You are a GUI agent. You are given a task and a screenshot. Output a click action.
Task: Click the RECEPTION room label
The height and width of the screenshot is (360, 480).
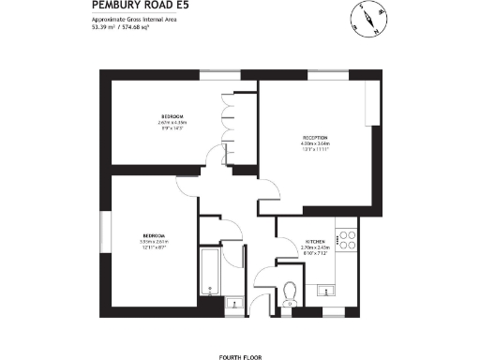pyautogui.click(x=314, y=137)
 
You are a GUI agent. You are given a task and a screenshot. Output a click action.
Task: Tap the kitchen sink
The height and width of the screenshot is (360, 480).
pyautogui.click(x=325, y=289)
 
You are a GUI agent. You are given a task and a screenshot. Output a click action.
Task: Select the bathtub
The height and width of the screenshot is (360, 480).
pyautogui.click(x=210, y=277)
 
